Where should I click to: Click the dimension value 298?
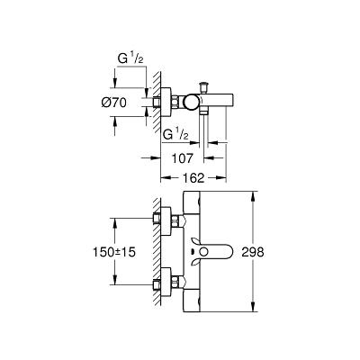(253, 252)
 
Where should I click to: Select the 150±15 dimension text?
(114, 252)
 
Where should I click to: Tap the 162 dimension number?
(193, 178)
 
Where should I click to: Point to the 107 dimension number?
(183, 158)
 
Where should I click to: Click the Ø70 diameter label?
(114, 103)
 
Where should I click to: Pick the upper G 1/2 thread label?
(130, 58)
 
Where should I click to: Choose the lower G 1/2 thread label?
(175, 135)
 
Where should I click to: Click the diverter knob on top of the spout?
(205, 86)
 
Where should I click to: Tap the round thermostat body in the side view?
(190, 102)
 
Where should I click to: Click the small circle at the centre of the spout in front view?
(204, 252)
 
